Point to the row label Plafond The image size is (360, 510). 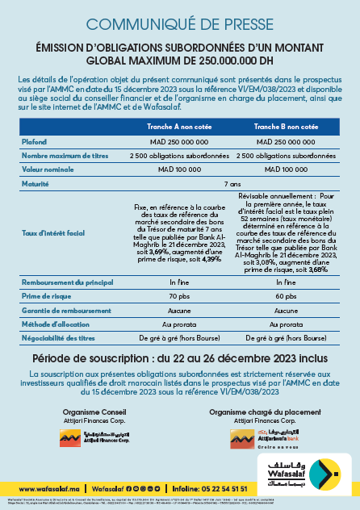[35, 141]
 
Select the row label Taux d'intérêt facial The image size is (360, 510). [54, 233]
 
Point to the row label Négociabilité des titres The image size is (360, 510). [59, 339]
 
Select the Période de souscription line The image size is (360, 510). [180, 358]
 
